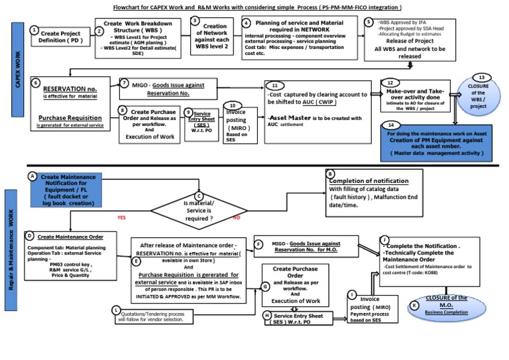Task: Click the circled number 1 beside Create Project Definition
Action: pyautogui.click(x=34, y=30)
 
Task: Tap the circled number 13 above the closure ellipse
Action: pyautogui.click(x=482, y=78)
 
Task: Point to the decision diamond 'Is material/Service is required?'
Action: pyautogui.click(x=199, y=210)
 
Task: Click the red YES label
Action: pyautogui.click(x=121, y=217)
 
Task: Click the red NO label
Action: pyautogui.click(x=237, y=217)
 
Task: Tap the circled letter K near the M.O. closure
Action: pyautogui.click(x=414, y=306)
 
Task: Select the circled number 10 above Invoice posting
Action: pyautogui.click(x=233, y=105)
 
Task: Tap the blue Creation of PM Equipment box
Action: pyautogui.click(x=437, y=143)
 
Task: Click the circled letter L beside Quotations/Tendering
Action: pyautogui.click(x=116, y=310)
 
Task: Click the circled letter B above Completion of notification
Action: pyautogui.click(x=330, y=173)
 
